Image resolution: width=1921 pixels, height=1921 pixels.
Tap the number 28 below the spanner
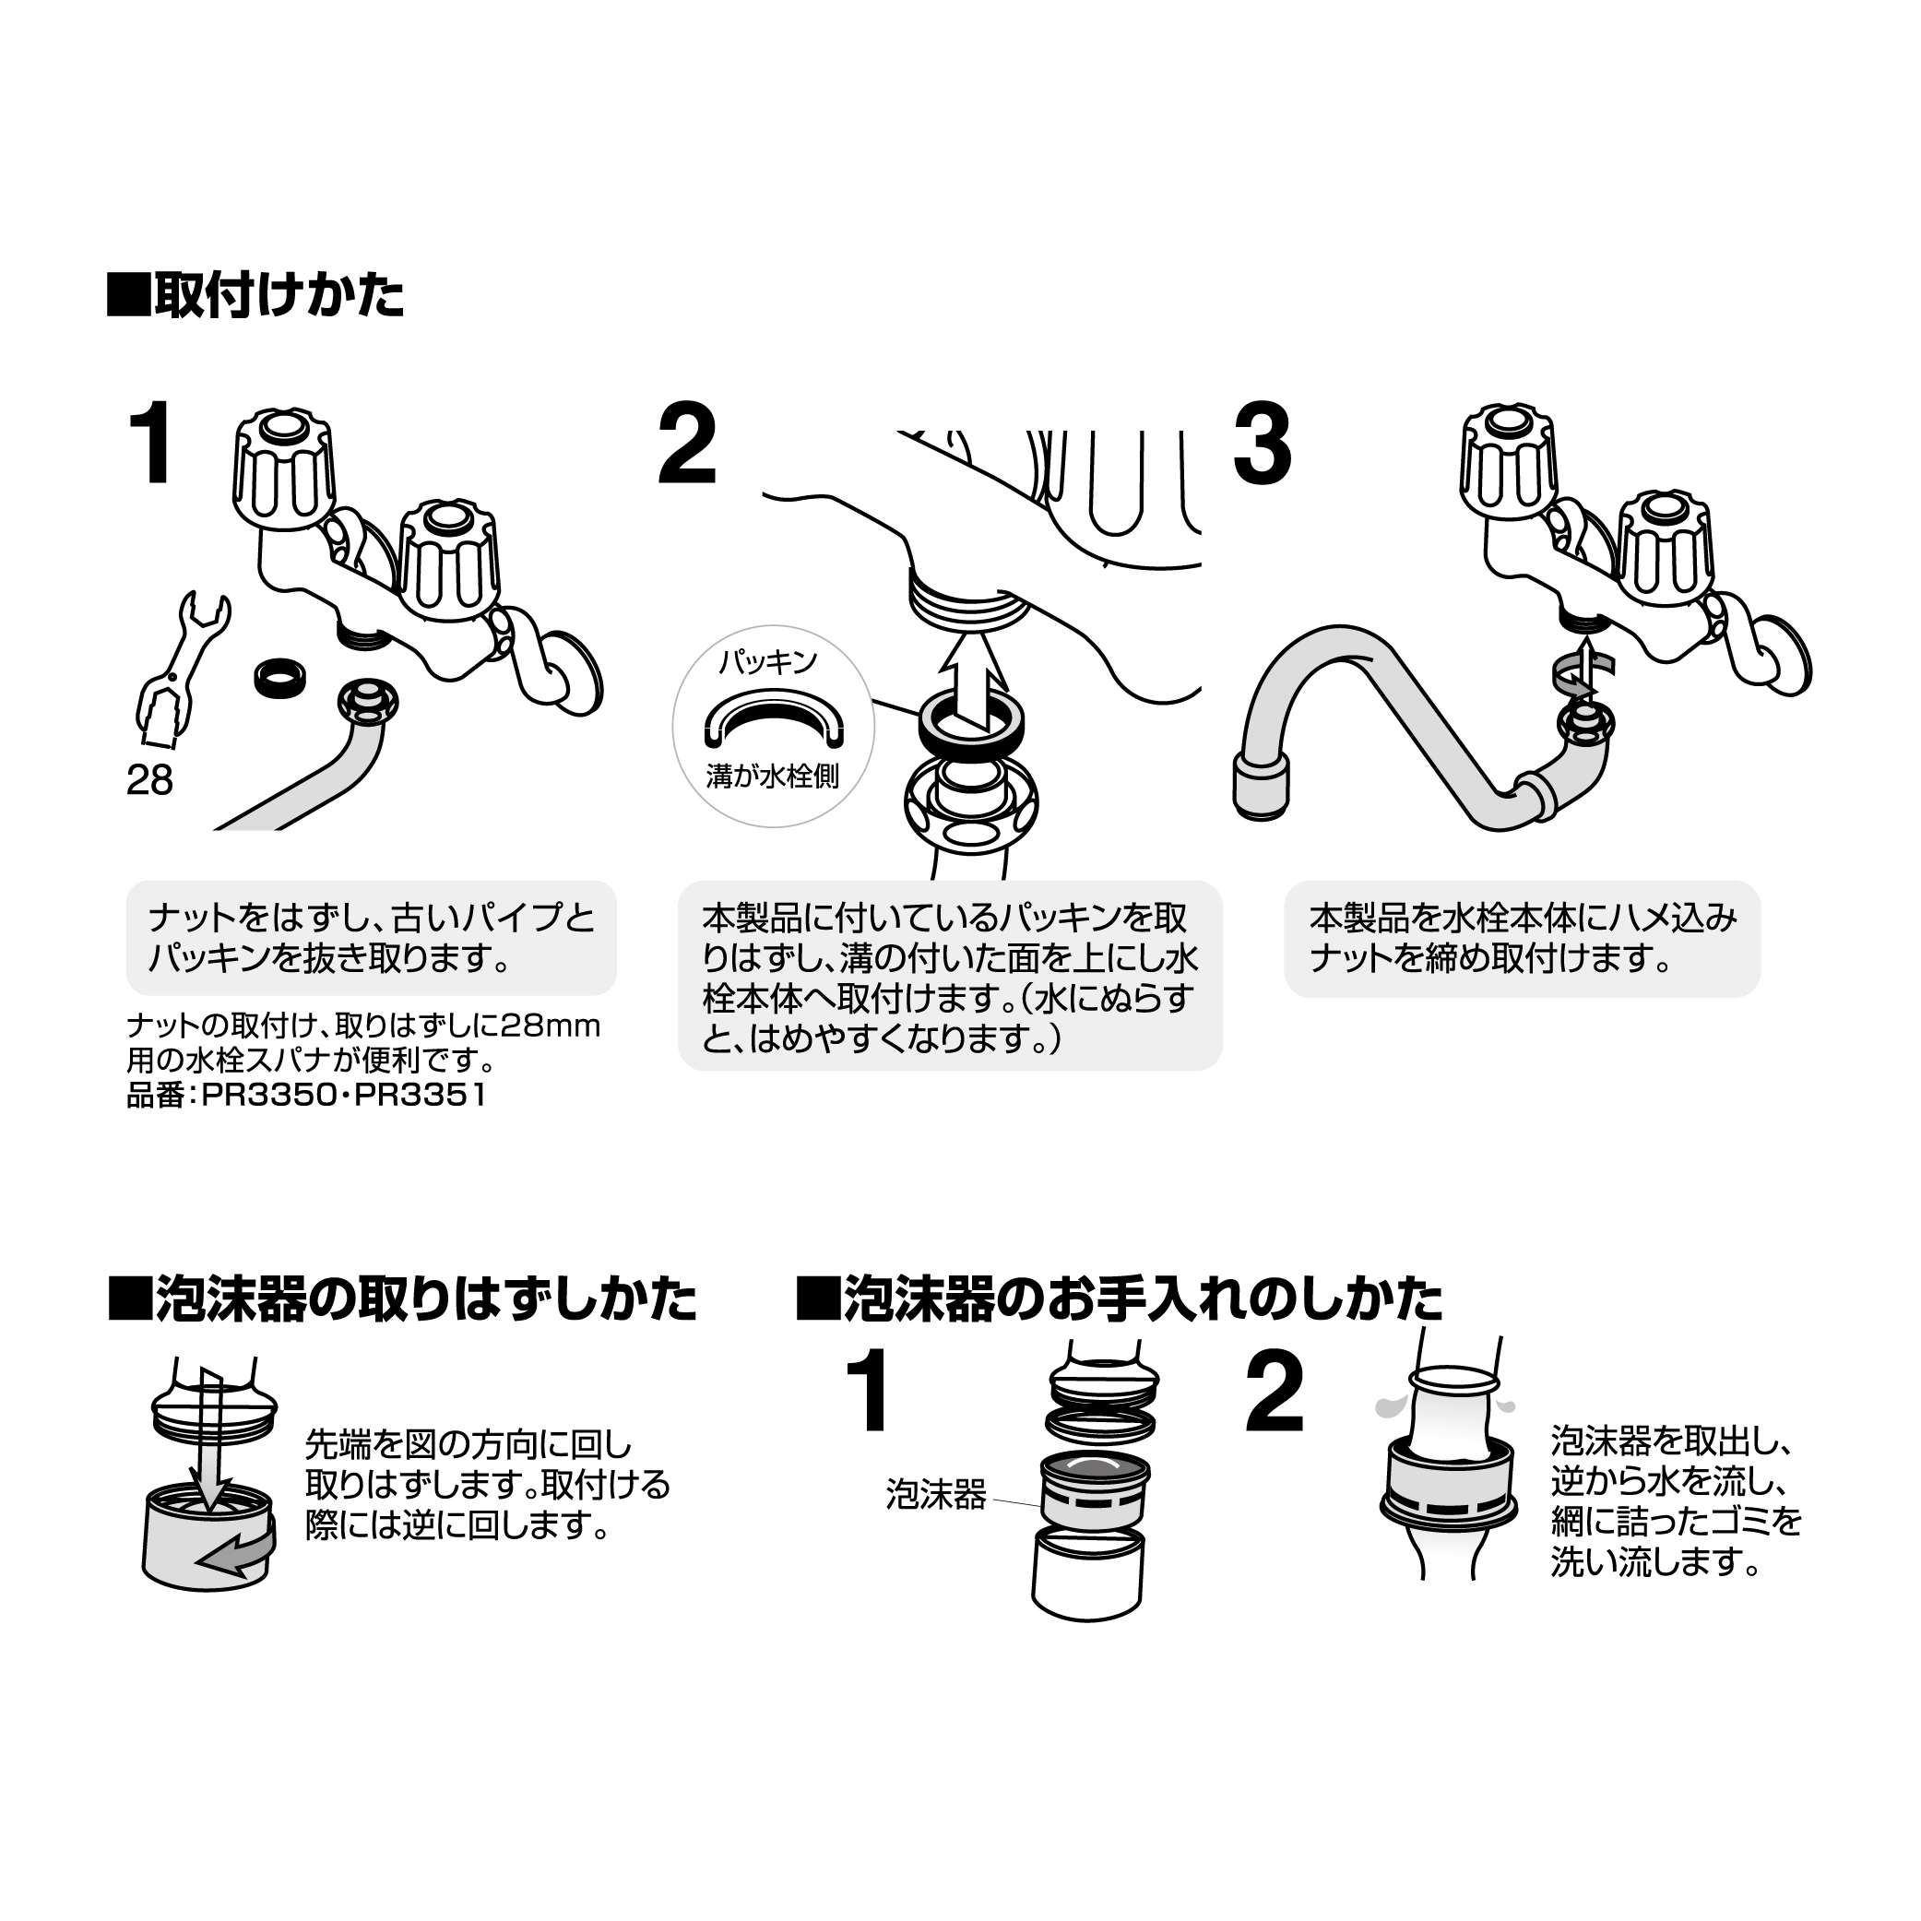pos(149,780)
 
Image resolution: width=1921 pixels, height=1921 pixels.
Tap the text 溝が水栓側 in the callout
pos(773,776)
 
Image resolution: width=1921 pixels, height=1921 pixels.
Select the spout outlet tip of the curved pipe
pos(1261,787)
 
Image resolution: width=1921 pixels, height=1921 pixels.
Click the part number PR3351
pos(421,1096)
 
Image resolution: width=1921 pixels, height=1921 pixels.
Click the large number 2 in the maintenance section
pos(1274,1393)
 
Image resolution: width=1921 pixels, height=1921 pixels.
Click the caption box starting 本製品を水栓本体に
pos(1522,938)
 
